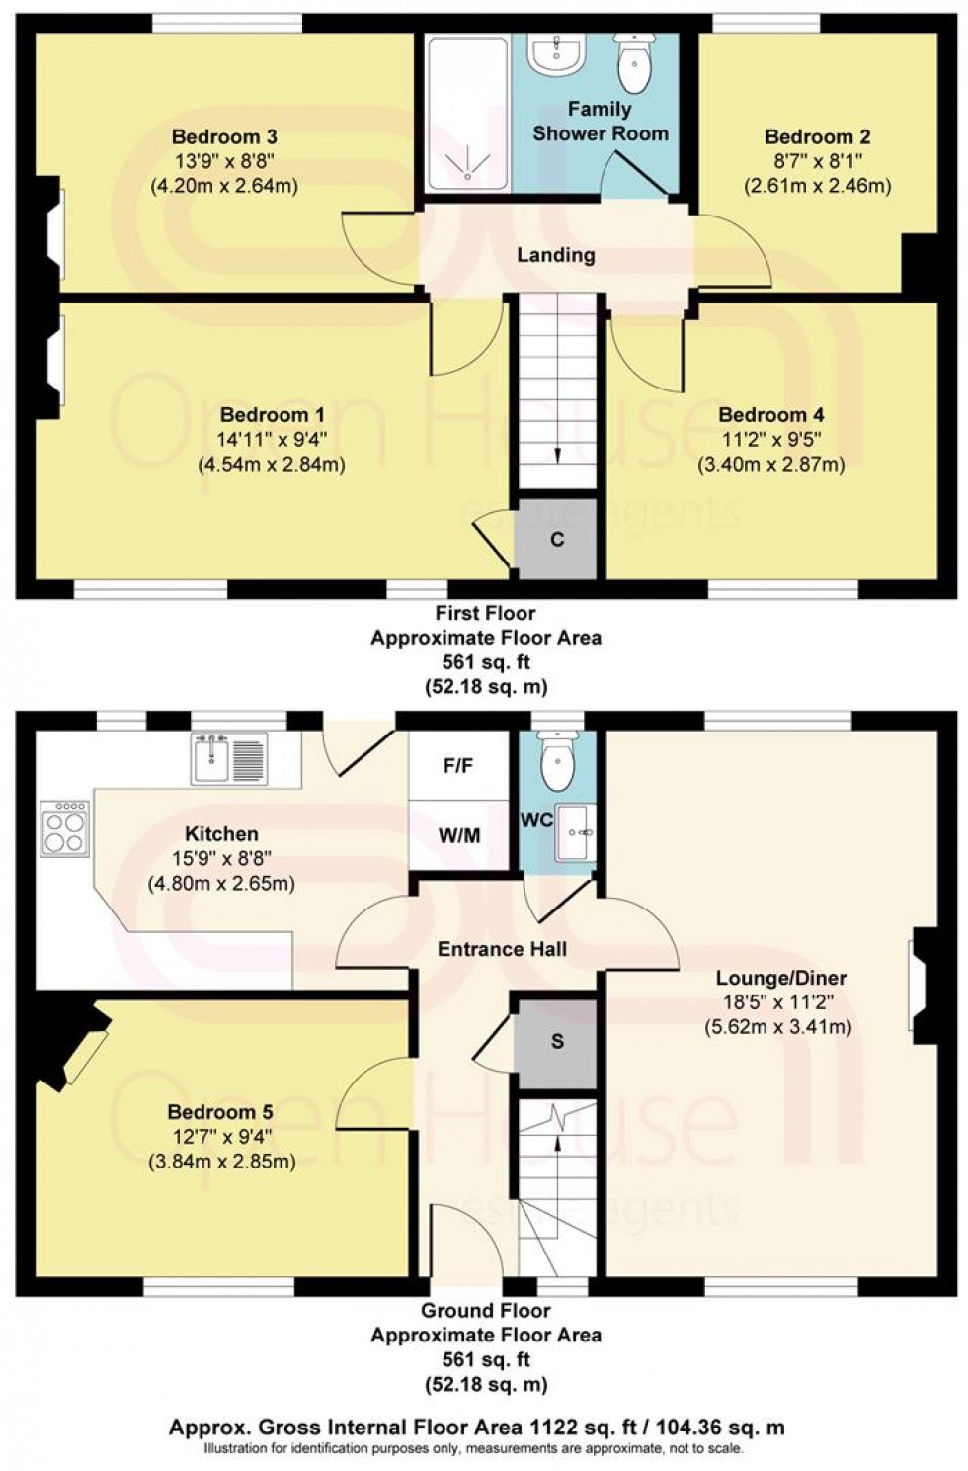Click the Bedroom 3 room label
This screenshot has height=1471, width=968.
coord(224,137)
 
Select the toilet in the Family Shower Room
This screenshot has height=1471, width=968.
coord(633,63)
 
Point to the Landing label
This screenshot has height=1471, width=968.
coord(556,255)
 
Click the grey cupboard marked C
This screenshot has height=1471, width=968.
coord(557,540)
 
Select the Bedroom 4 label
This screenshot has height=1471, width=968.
coord(771,415)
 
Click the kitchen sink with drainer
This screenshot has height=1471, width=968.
coord(229,760)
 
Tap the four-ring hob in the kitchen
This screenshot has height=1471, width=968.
coord(65,828)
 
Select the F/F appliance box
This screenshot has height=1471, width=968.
coord(459,766)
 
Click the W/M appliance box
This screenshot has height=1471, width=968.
coord(459,836)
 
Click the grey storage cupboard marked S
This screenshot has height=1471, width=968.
coord(557,1042)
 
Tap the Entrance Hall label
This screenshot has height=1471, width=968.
coord(502,949)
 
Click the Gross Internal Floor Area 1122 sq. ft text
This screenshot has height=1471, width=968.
coord(476,1427)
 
